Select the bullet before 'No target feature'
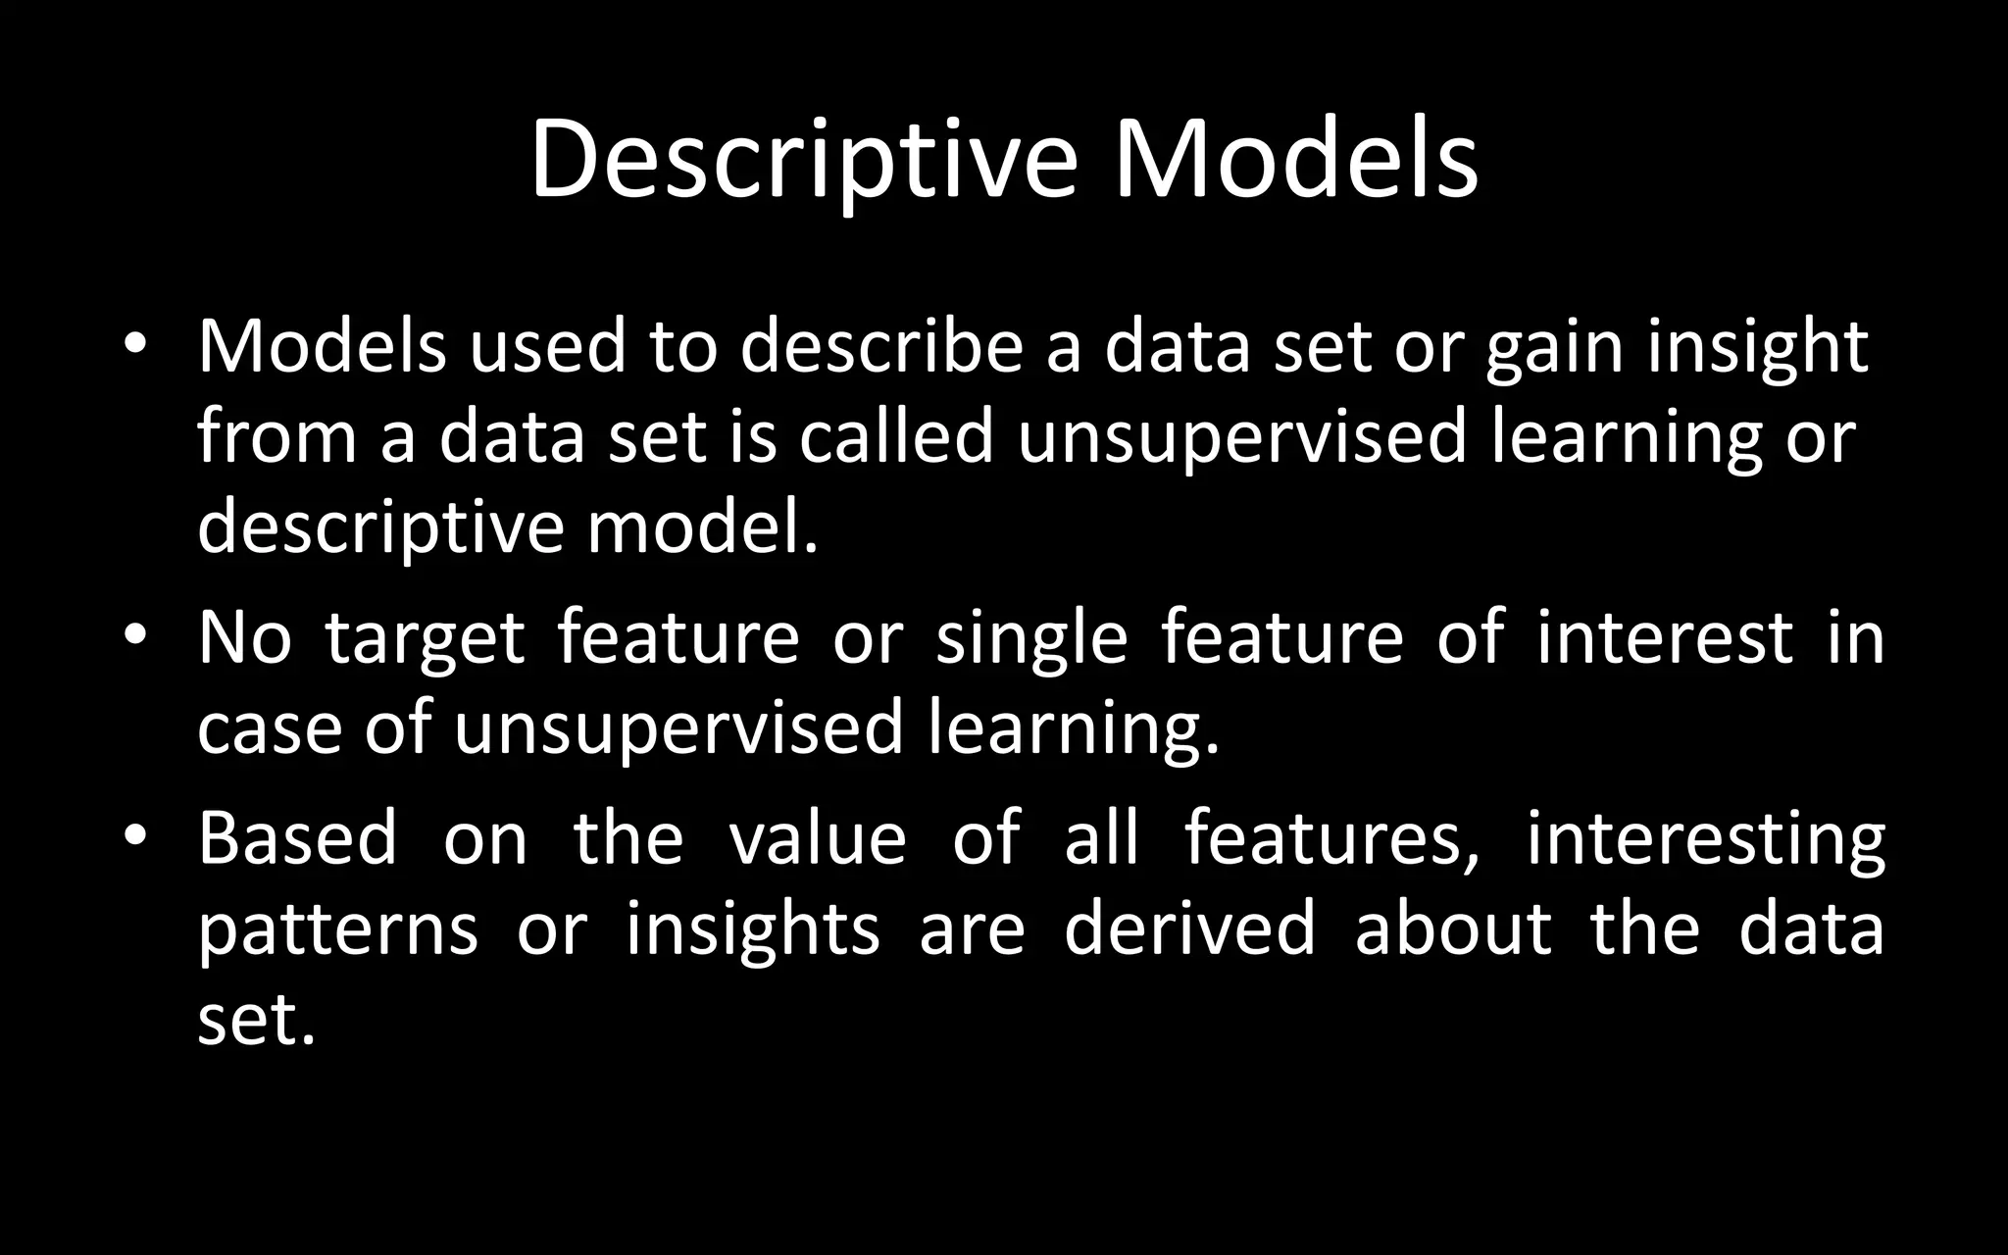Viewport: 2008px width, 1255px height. coord(135,637)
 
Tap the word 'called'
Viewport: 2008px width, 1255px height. coord(897,437)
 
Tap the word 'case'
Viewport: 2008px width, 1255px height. coord(270,730)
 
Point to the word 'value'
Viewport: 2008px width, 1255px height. coord(818,839)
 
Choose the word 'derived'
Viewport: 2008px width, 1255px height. coord(1189,929)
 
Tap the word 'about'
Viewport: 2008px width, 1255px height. coord(1453,929)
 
